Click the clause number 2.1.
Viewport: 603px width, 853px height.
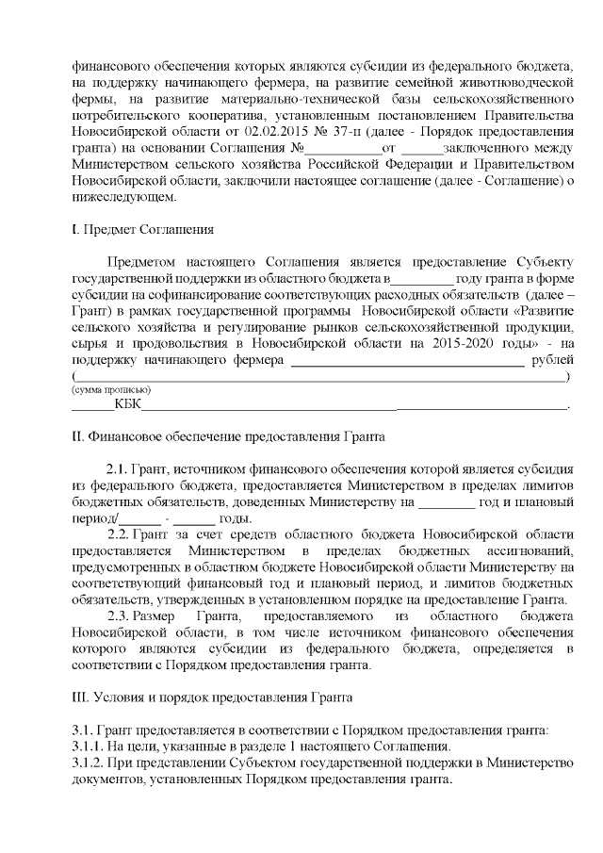pyautogui.click(x=116, y=468)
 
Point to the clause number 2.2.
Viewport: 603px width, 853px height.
pyautogui.click(x=121, y=533)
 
